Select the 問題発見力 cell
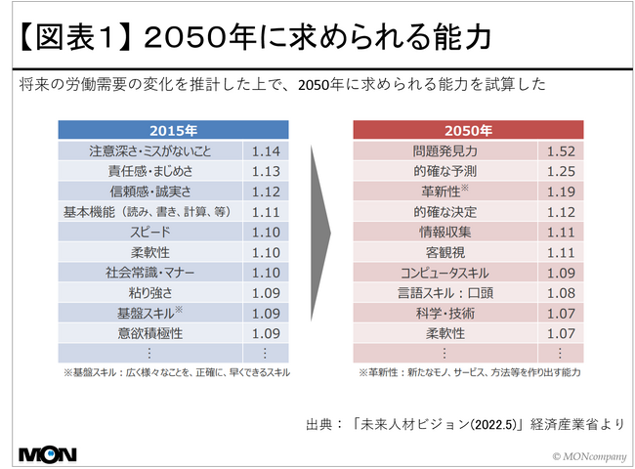(x=446, y=151)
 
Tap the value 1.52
(x=561, y=151)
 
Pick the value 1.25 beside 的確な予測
(x=561, y=171)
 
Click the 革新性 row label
(x=446, y=192)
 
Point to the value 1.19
(x=561, y=192)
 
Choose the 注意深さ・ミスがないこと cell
(x=149, y=151)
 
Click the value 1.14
(x=265, y=151)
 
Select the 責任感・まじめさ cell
(x=149, y=171)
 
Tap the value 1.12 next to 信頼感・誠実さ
(x=265, y=192)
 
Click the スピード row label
(x=149, y=233)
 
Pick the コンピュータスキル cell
(x=446, y=273)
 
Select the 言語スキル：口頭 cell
(x=446, y=293)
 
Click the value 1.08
(x=561, y=293)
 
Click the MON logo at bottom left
(x=47, y=453)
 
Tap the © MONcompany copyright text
(x=585, y=455)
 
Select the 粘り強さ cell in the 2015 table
(x=149, y=293)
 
